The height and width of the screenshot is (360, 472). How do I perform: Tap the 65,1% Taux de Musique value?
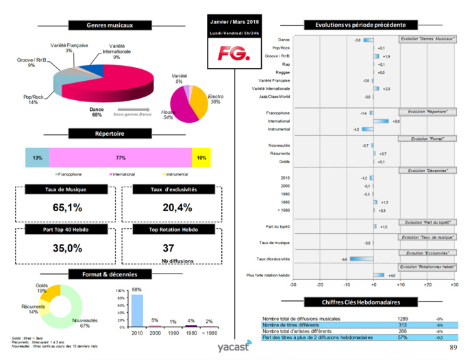tap(63, 206)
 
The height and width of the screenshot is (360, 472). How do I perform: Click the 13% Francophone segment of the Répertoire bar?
tap(36, 158)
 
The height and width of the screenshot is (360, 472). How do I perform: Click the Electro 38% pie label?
tap(215, 99)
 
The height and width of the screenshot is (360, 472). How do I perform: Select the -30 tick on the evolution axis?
tap(293, 284)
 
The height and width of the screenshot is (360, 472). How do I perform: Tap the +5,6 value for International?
tap(395, 121)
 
